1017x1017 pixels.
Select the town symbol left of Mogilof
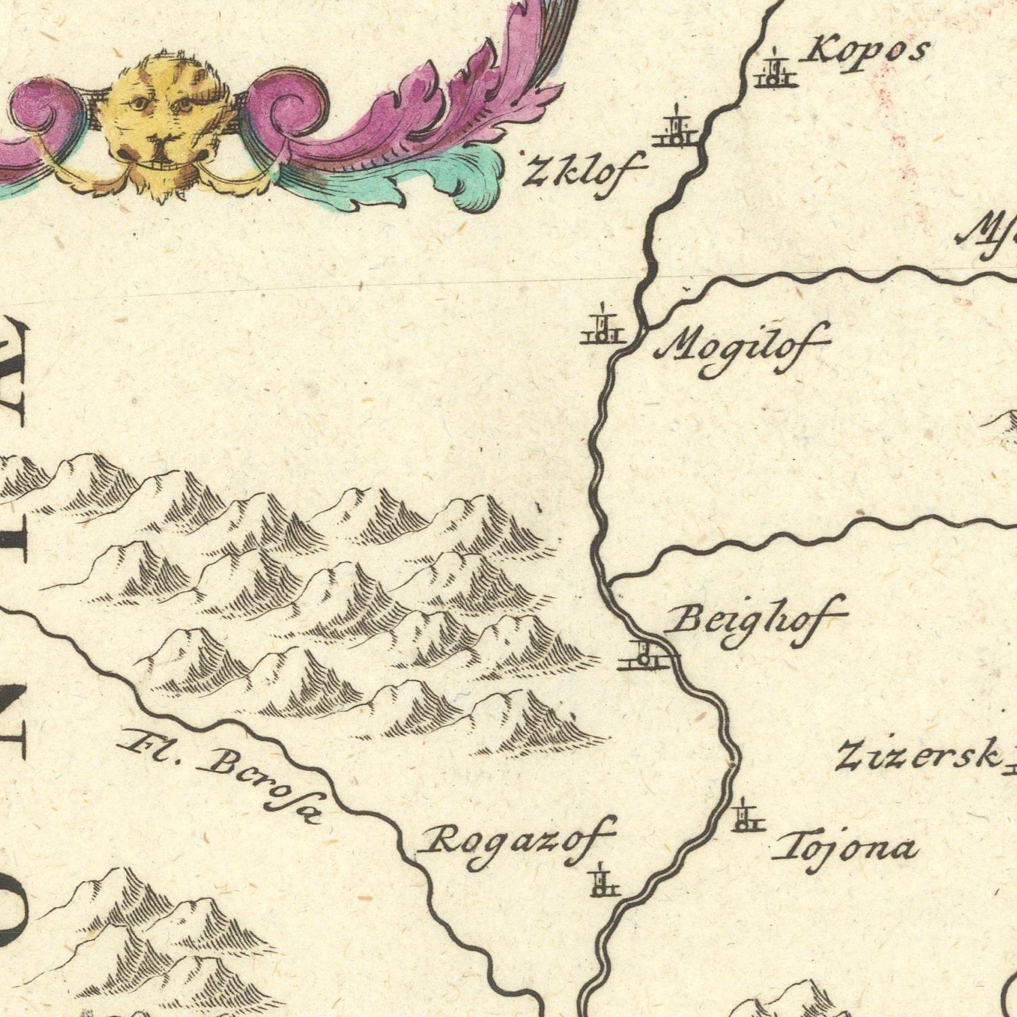(x=601, y=328)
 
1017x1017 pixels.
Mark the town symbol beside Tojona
(x=746, y=818)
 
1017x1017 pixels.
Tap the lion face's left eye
(x=138, y=104)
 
